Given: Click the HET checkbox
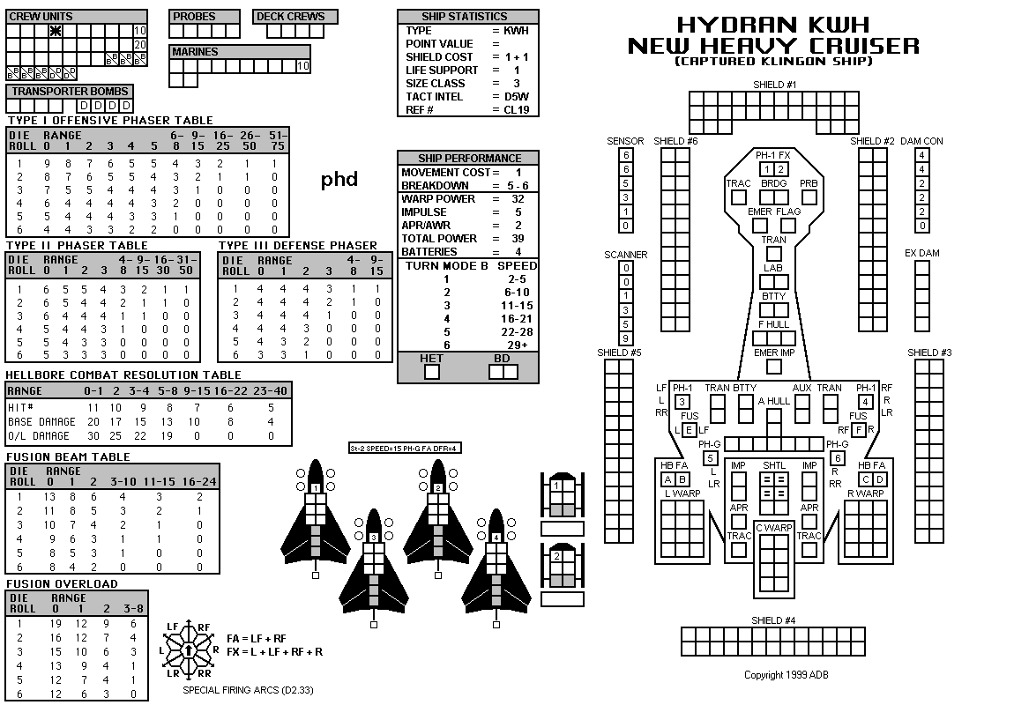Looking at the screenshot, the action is point(431,372).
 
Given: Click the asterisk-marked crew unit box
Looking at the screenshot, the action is point(56,30).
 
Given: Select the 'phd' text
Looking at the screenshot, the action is point(339,180).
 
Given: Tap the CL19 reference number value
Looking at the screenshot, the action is point(517,110).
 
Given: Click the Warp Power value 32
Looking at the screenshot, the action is point(518,199).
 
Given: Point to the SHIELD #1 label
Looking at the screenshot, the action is point(775,85).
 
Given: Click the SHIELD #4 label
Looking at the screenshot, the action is point(773,620).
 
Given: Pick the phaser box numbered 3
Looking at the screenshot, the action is point(682,402).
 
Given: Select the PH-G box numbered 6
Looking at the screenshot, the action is point(838,458).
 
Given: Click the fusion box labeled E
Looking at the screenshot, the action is point(690,430).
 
